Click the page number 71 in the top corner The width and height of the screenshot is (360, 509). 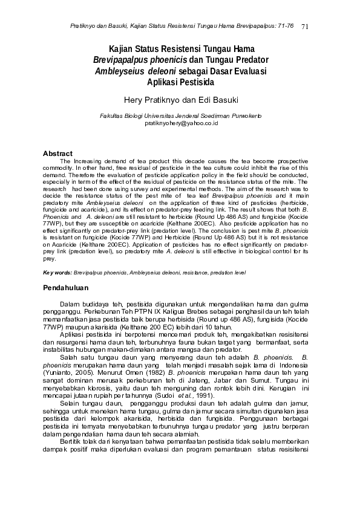tap(304, 26)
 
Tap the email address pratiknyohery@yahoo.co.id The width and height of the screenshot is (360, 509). tap(180, 123)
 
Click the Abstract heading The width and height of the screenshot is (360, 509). tap(57, 154)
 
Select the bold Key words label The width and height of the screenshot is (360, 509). tap(57, 273)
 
